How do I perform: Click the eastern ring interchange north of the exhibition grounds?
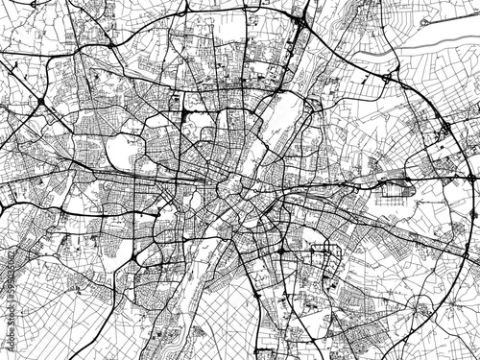click(x=446, y=128)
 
